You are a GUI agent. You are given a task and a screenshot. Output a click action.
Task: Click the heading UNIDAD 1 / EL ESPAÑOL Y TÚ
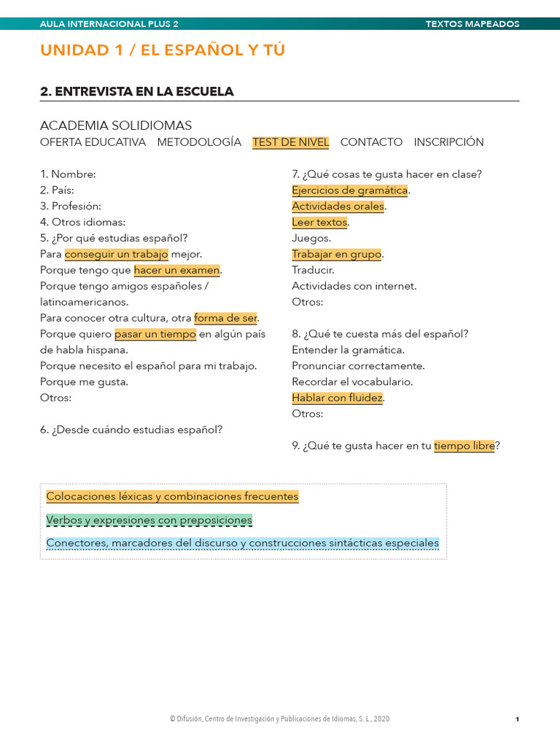[x=163, y=50]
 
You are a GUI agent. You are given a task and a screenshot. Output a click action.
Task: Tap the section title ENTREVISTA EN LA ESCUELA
[x=137, y=91]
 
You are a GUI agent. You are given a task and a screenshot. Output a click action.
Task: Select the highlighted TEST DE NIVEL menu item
[x=290, y=142]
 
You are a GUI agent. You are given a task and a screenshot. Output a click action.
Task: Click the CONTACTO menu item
[x=371, y=142]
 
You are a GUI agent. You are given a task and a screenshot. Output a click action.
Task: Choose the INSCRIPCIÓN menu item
[x=448, y=142]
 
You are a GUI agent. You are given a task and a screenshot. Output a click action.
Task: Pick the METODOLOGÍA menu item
[x=199, y=142]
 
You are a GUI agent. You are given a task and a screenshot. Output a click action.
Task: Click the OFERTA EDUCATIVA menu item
[x=93, y=142]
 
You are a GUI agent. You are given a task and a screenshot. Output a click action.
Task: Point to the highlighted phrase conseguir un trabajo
[x=117, y=254]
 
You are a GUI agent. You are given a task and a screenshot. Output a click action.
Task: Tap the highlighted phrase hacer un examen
[x=176, y=270]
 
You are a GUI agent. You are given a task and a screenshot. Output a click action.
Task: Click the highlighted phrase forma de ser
[x=226, y=318]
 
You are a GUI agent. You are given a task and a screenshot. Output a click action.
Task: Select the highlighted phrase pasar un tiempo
[x=155, y=334]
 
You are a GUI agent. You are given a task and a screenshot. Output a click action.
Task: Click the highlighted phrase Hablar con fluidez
[x=337, y=398]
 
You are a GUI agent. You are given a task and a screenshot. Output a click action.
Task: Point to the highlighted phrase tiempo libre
[x=464, y=446]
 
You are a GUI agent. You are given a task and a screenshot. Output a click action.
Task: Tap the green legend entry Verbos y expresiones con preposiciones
[x=149, y=520]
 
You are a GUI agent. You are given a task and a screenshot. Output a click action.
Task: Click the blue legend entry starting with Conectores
[x=242, y=543]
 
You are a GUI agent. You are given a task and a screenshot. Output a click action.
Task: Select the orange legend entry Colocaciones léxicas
[x=172, y=497]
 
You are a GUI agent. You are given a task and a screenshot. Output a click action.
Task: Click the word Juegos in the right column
[x=311, y=238]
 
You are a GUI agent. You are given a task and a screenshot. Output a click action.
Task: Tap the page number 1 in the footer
[x=517, y=719]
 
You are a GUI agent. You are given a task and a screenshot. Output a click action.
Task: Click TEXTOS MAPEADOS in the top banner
[x=472, y=24]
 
